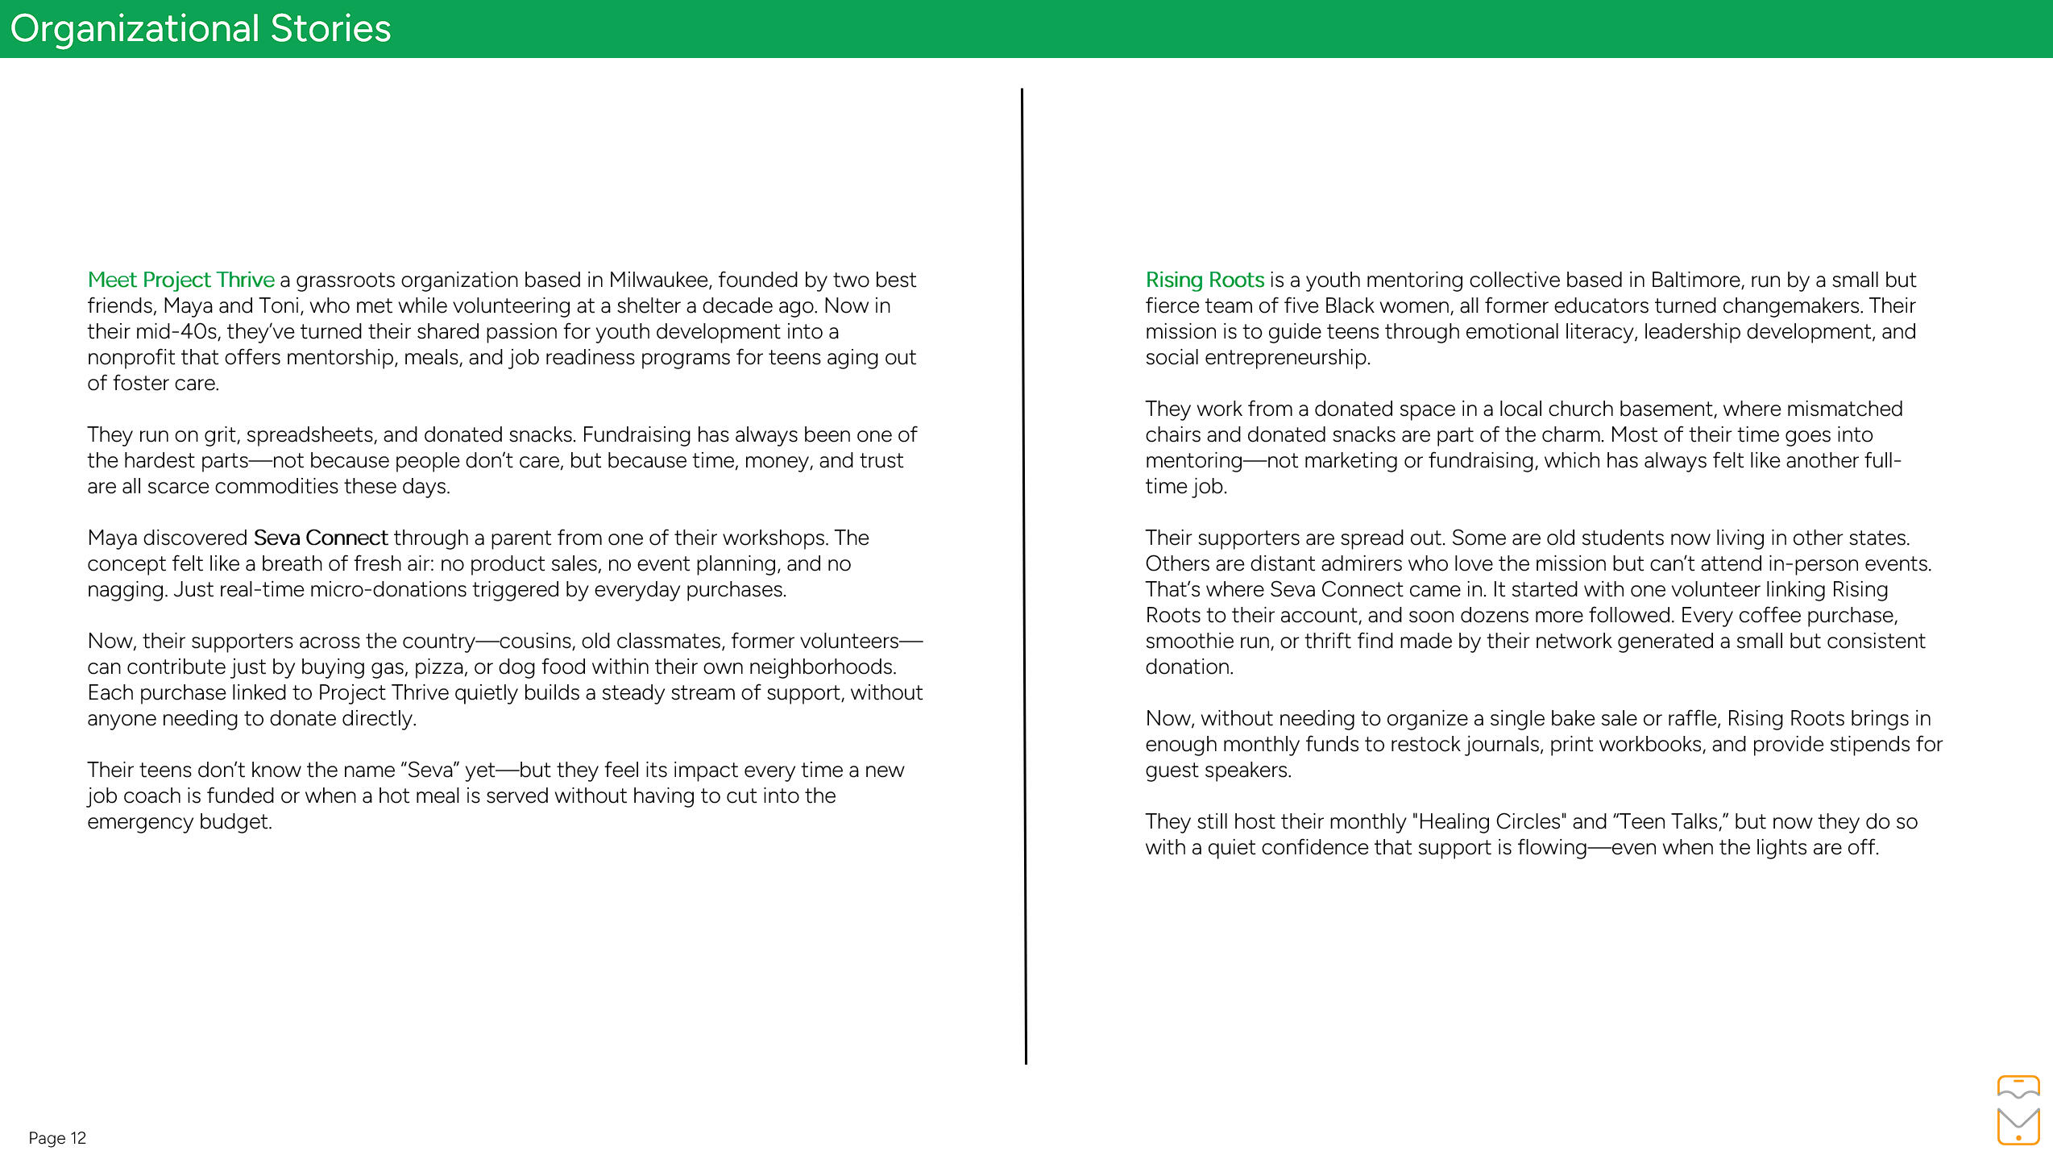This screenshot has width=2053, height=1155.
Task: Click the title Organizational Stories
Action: click(x=200, y=29)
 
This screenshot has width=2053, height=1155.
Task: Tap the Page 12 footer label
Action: click(x=57, y=1137)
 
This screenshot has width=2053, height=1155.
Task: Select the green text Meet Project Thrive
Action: click(x=180, y=280)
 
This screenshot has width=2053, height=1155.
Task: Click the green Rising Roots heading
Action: click(x=1205, y=280)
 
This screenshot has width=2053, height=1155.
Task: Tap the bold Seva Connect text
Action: click(x=320, y=538)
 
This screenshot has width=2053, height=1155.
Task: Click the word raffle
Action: click(x=1690, y=718)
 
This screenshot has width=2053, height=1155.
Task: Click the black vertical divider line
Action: click(x=1024, y=576)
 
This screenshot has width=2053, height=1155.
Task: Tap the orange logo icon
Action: click(x=2018, y=1110)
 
